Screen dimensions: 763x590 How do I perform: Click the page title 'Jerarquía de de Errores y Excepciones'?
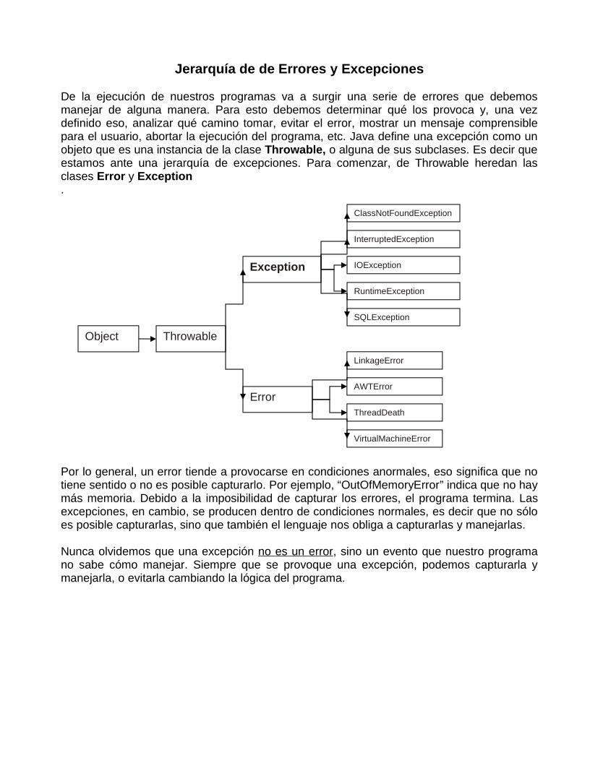(299, 69)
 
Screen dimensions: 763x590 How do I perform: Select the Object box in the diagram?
(108, 337)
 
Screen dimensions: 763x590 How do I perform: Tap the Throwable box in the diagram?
(190, 337)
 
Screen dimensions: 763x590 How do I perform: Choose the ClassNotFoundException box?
(403, 213)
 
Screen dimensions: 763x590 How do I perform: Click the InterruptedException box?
(403, 239)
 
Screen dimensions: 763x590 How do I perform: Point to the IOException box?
(403, 265)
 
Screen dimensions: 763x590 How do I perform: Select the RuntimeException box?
(403, 291)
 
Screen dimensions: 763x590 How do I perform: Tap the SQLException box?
(403, 317)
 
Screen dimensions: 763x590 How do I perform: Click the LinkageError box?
(394, 361)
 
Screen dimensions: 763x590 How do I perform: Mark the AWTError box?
(394, 387)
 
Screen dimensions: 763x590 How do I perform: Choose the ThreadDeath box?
(394, 413)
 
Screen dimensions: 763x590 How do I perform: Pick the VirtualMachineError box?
(394, 439)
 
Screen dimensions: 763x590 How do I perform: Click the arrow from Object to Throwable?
(147, 338)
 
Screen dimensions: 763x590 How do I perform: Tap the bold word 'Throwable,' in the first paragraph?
(295, 150)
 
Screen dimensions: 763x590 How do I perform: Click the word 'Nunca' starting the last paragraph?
(77, 552)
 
